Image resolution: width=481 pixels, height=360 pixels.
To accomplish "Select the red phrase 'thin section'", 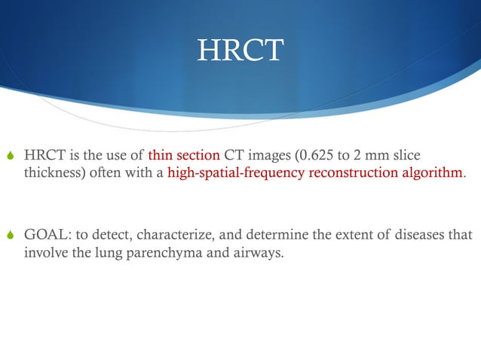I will click(x=184, y=156).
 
